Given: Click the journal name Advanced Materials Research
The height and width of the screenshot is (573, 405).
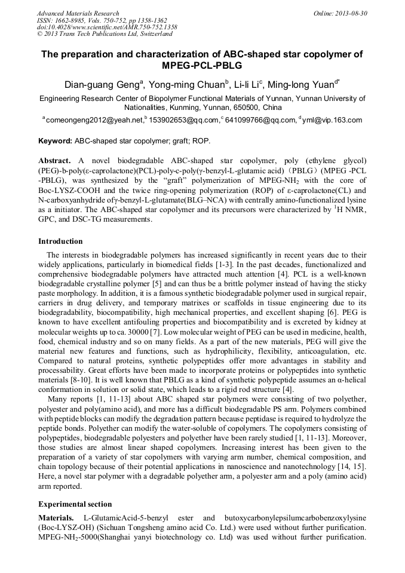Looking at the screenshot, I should [x=78, y=13].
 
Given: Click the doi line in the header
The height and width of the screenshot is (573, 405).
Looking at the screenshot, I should [x=107, y=27].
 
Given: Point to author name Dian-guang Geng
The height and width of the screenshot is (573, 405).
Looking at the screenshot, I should [x=102, y=84].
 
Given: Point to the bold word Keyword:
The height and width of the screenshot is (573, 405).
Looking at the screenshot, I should [x=55, y=142].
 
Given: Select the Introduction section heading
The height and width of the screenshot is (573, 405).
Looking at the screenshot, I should [x=60, y=241].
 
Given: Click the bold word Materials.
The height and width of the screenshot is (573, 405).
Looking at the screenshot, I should [x=57, y=517].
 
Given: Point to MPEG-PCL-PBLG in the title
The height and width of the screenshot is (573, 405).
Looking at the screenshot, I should [x=202, y=65].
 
